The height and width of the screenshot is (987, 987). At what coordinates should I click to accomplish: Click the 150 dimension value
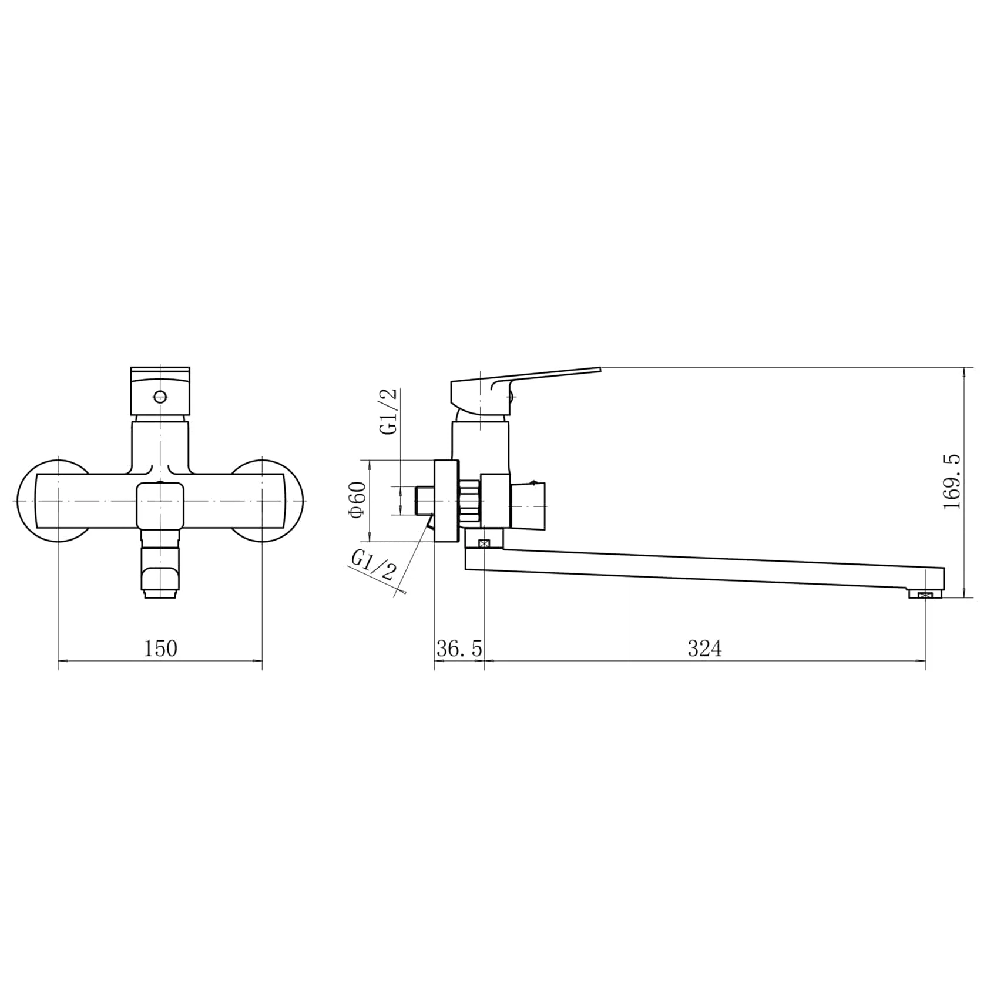point(160,649)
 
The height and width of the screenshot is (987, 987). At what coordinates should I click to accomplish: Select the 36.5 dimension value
point(459,649)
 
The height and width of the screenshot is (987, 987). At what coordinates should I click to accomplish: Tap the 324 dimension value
point(704,649)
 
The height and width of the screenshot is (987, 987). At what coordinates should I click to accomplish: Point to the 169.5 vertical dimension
point(951,482)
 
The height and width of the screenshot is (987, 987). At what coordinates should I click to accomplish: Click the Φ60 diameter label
point(358,500)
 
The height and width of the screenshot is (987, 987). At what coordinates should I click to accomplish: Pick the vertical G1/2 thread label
point(390,411)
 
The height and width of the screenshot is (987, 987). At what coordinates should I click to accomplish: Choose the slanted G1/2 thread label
point(373,565)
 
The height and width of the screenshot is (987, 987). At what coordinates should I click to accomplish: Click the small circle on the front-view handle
point(159,396)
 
